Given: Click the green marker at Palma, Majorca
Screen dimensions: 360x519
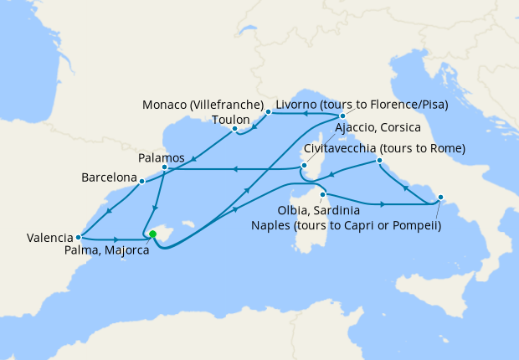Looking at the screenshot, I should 152,234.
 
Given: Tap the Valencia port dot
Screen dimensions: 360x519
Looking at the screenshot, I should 78,237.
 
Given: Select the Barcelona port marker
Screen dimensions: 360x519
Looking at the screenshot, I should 142,180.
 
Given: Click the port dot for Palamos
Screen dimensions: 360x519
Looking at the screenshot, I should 164,168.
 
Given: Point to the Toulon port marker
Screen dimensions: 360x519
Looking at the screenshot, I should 235,129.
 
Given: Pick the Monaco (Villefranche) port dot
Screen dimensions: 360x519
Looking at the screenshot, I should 268,111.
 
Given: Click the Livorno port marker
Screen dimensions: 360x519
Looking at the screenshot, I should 342,116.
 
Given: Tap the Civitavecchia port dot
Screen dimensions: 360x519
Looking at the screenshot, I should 379,160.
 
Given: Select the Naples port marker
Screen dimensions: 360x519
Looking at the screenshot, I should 441,198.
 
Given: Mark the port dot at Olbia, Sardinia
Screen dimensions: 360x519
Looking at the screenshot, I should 322,195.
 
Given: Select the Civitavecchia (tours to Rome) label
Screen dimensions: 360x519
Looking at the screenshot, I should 384,148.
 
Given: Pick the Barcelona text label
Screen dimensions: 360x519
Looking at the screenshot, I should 109,178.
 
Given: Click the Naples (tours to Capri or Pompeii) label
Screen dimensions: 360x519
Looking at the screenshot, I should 346,224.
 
